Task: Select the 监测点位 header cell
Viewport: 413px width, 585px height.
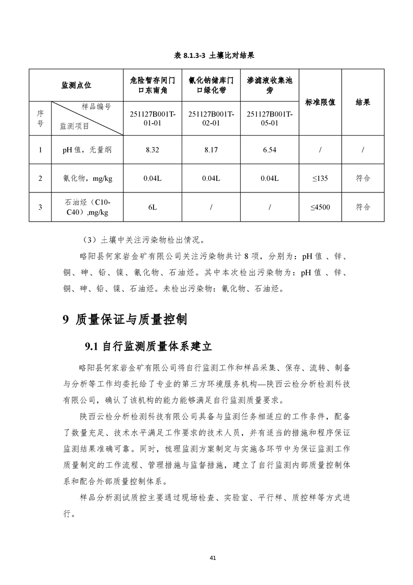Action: tap(76, 85)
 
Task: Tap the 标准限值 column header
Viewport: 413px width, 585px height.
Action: tap(320, 102)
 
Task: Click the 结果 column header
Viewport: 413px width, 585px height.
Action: tap(362, 102)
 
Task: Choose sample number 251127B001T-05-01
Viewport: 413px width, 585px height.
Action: tap(270, 118)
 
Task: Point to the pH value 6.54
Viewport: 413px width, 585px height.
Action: tap(270, 150)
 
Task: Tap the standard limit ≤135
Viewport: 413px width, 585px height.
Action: tap(320, 178)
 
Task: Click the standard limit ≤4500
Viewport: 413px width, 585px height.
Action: tap(320, 207)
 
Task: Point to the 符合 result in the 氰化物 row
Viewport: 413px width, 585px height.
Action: tap(362, 178)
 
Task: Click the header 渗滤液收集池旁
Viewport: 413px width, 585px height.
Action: tap(270, 86)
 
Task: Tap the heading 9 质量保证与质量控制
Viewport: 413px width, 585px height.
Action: tap(124, 320)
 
